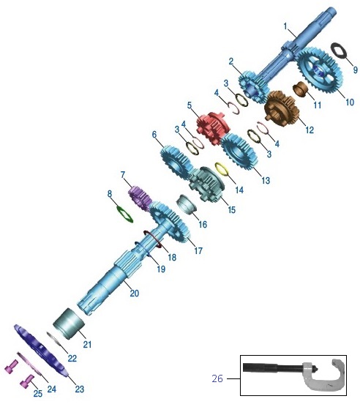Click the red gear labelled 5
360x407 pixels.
click(212, 128)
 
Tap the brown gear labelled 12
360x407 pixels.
click(282, 108)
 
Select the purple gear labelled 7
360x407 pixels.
click(140, 198)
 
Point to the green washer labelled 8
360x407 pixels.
click(125, 214)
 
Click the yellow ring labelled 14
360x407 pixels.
click(222, 169)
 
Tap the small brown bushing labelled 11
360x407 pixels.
click(301, 89)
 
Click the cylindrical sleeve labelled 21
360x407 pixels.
click(70, 324)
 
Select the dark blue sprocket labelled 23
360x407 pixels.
click(41, 351)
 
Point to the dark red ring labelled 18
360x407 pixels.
click(153, 239)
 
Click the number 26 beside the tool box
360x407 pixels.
click(217, 378)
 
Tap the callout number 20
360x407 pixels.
click(135, 294)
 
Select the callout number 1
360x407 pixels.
click(285, 26)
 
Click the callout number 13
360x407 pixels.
click(266, 180)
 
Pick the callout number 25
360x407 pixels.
click(38, 394)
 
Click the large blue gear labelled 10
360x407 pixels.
click(319, 70)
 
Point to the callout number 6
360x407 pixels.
click(154, 135)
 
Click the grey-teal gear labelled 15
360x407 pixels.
click(207, 184)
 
